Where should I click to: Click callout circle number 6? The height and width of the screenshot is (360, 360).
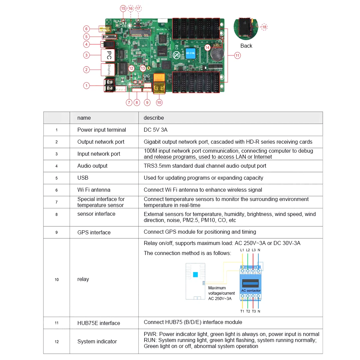tap(86, 29)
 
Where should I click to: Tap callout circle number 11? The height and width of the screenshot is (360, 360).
tap(237, 56)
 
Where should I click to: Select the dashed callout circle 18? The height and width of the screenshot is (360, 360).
tap(264, 27)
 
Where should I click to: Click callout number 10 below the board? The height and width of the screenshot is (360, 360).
tap(159, 102)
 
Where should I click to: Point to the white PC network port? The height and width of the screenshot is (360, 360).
tap(108, 55)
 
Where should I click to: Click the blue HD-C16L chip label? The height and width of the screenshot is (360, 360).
tap(191, 53)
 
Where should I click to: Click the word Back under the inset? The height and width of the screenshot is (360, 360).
tap(246, 46)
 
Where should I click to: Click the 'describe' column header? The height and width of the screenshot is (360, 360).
tap(154, 118)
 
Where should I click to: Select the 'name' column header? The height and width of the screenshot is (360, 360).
tap(84, 118)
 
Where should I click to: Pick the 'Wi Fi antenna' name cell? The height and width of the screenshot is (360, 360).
tap(94, 190)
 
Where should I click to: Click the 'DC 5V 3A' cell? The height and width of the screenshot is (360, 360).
tap(155, 130)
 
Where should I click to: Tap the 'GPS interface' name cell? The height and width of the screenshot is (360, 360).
tap(94, 232)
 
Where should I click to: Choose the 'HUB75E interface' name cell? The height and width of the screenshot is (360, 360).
tap(98, 323)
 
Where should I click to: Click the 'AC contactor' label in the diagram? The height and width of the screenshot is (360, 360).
tap(251, 290)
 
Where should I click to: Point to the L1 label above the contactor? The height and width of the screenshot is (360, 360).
tap(242, 250)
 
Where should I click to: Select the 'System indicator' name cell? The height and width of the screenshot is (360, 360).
tap(97, 341)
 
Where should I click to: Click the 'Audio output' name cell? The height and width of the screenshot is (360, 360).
tap(92, 166)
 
